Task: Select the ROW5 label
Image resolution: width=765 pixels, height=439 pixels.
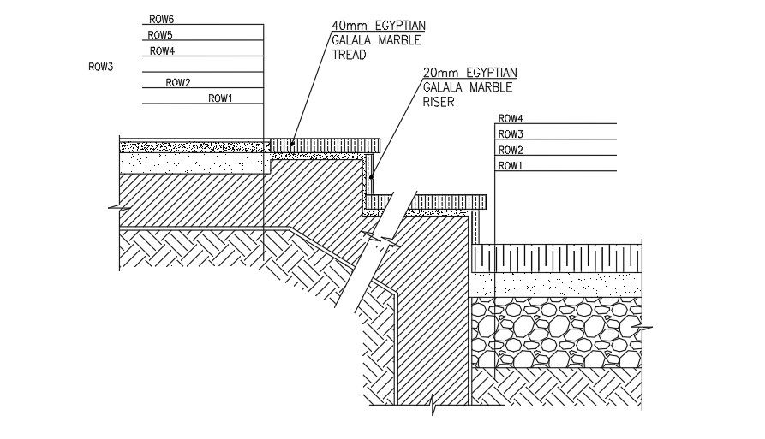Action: tap(160, 35)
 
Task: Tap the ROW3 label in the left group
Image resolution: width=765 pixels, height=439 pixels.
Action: tap(100, 66)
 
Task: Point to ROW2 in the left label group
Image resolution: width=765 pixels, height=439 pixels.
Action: tap(178, 83)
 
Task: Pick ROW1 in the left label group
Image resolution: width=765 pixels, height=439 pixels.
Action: tap(220, 99)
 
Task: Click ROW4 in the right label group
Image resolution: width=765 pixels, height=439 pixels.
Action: tap(511, 118)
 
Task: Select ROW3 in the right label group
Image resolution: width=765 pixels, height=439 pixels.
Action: tap(511, 134)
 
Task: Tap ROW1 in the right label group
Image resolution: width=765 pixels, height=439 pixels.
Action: tap(511, 166)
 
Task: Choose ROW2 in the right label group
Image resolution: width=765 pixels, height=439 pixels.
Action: tap(511, 151)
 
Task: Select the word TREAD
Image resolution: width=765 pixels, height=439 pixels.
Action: tap(349, 55)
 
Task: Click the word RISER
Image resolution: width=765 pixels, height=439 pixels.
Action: tap(438, 101)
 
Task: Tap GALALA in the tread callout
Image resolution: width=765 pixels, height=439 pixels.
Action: tap(352, 40)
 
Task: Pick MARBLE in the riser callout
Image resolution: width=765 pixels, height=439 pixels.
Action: tap(490, 87)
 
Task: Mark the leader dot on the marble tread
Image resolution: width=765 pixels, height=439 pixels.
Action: tap(292, 144)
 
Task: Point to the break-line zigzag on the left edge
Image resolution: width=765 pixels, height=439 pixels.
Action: tap(113, 206)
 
